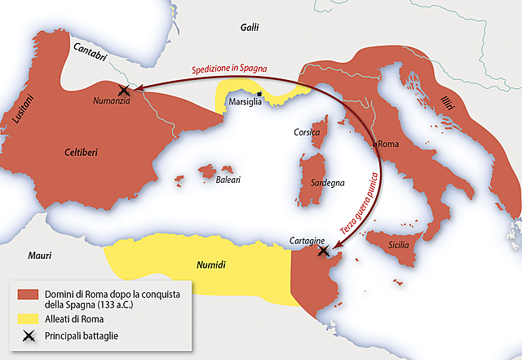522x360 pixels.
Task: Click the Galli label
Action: click(x=249, y=28)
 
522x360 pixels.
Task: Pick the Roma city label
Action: click(x=391, y=143)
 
